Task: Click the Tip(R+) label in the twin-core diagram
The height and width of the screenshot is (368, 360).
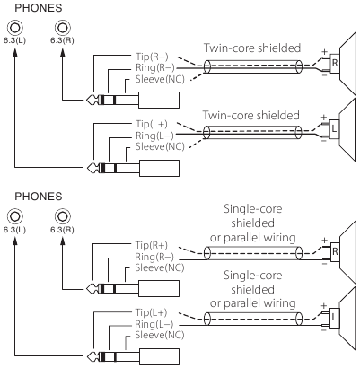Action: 152,57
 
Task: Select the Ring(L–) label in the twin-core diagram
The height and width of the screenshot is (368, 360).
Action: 154,136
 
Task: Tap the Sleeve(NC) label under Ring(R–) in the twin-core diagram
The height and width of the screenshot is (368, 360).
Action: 160,79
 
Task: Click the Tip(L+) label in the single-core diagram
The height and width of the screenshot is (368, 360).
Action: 151,312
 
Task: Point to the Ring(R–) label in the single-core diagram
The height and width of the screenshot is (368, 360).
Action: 154,257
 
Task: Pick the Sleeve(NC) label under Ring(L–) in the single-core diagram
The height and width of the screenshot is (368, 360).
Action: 160,335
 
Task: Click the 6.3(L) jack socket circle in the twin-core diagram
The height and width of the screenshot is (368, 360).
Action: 15,28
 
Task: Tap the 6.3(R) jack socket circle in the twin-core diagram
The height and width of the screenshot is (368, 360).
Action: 63,28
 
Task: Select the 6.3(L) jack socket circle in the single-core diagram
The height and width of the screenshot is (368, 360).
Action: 15,216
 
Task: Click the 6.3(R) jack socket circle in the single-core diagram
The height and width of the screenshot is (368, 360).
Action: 63,216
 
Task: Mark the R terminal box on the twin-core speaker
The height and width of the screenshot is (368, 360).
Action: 335,63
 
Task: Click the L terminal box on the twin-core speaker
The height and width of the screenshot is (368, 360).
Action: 334,129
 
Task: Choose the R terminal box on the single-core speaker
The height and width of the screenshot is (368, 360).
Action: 335,251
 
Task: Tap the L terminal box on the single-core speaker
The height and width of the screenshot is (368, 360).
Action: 334,317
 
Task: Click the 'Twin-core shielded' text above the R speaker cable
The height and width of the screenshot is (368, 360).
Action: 252,48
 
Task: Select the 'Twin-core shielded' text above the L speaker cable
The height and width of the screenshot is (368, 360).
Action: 251,115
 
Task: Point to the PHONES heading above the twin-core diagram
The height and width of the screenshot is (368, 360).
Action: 39,8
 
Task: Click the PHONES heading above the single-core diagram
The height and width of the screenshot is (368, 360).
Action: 39,197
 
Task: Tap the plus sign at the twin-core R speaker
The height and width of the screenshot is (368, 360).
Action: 324,51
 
